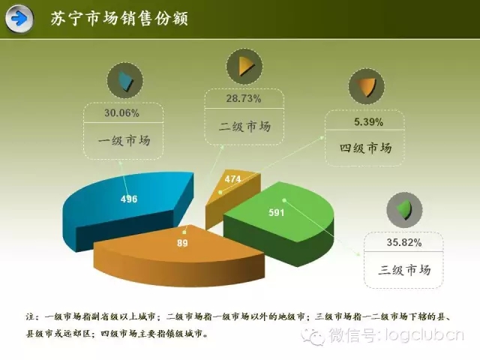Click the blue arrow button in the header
19,19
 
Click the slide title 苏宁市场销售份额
119,18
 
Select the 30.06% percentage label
121,113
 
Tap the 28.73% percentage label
244,98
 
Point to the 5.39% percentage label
368,122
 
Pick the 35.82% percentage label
404,242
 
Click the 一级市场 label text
124,141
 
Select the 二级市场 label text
245,127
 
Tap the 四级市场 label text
365,148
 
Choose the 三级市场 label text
404,270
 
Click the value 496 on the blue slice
129,199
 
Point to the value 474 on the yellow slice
233,178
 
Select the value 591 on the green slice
277,212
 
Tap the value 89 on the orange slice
182,243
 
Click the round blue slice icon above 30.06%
125,80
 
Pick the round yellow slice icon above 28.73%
244,66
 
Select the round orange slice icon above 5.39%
367,87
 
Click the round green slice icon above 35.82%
405,210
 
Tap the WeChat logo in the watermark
313,336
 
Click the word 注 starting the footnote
30,316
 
